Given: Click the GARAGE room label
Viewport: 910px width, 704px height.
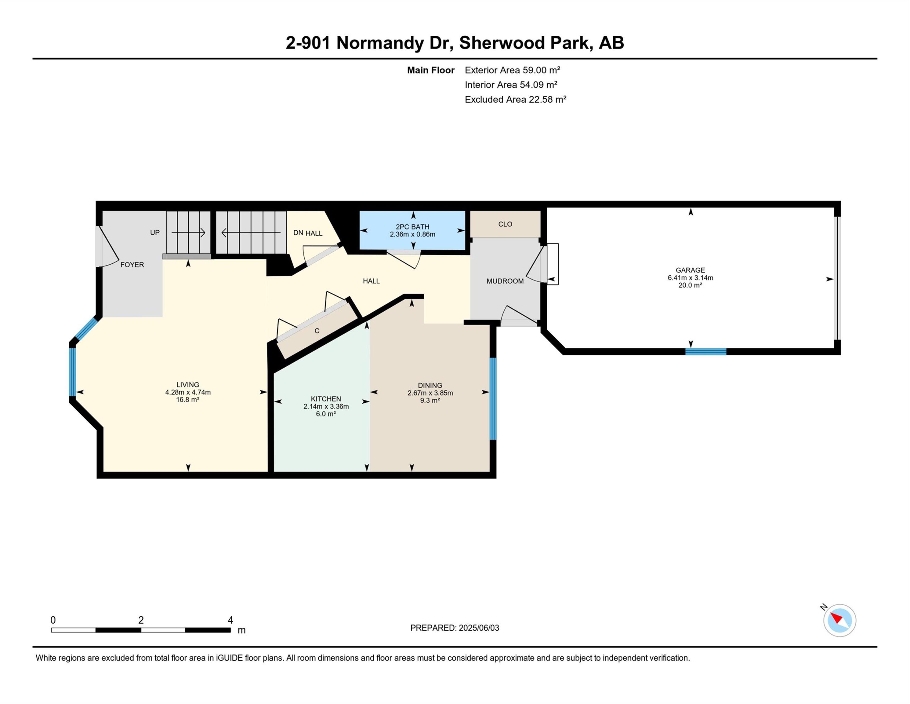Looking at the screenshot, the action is (691, 270).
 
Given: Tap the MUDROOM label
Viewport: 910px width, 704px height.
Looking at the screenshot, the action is (505, 281).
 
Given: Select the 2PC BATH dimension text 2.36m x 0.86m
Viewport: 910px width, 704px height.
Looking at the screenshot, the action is (412, 234).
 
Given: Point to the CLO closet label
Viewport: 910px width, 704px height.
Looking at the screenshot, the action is (505, 224).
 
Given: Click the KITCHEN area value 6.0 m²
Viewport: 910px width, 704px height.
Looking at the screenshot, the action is (326, 414).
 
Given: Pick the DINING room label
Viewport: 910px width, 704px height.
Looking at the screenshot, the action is (430, 385).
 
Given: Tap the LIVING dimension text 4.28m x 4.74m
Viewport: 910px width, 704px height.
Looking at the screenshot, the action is (188, 392).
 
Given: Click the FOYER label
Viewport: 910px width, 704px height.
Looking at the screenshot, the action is (132, 264).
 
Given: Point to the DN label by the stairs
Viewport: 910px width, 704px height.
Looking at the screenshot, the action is (298, 233).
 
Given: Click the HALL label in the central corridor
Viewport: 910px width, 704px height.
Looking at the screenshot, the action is (371, 281).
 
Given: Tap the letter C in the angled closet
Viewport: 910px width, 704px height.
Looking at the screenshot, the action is (317, 331).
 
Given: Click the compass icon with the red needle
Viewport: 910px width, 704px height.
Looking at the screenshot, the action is (839, 621).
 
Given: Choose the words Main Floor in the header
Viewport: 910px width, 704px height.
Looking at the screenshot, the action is (431, 70).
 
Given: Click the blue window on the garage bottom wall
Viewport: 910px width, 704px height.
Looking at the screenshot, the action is (706, 352).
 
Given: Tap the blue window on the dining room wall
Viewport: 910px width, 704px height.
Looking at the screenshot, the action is (493, 399).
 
